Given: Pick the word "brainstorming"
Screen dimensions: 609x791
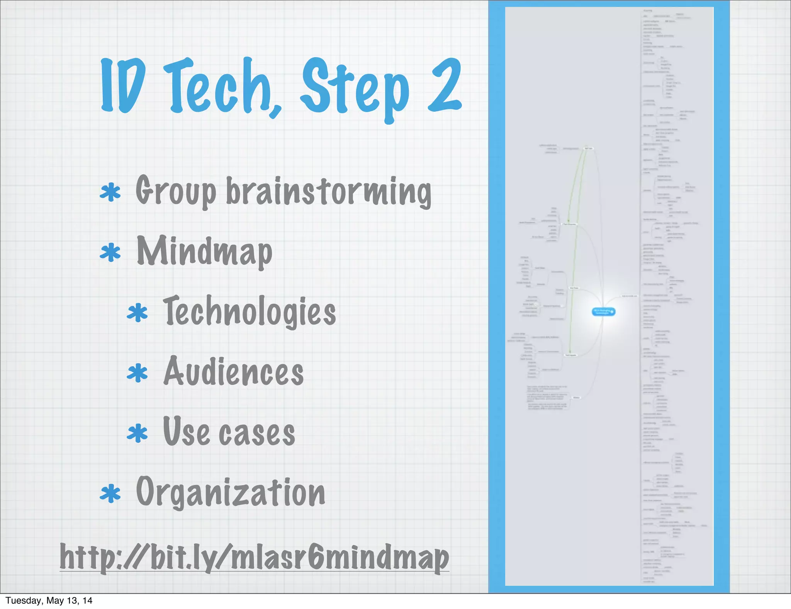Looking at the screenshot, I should (328, 192).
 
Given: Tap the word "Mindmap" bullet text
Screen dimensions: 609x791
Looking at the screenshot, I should (205, 252).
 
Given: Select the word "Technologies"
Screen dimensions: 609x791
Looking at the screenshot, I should (250, 311).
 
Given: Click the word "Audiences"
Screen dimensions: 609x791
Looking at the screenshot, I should (234, 372).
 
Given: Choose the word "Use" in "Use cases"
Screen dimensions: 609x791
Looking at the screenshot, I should (186, 431).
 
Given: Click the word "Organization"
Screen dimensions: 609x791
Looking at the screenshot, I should (231, 493).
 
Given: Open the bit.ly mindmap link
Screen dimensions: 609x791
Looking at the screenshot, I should (255, 558).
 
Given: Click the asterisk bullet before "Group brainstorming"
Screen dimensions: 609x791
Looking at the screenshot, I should (110, 192).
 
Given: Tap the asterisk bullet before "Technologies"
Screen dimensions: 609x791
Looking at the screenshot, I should (137, 313).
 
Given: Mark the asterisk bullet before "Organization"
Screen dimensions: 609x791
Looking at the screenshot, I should (110, 494).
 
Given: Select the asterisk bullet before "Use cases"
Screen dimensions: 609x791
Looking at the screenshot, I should (137, 434).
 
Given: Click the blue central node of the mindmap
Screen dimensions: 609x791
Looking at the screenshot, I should (603, 311).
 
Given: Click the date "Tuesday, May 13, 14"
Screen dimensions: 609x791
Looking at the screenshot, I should (49, 600).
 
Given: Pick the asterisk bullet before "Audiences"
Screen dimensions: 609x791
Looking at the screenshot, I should (137, 373).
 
